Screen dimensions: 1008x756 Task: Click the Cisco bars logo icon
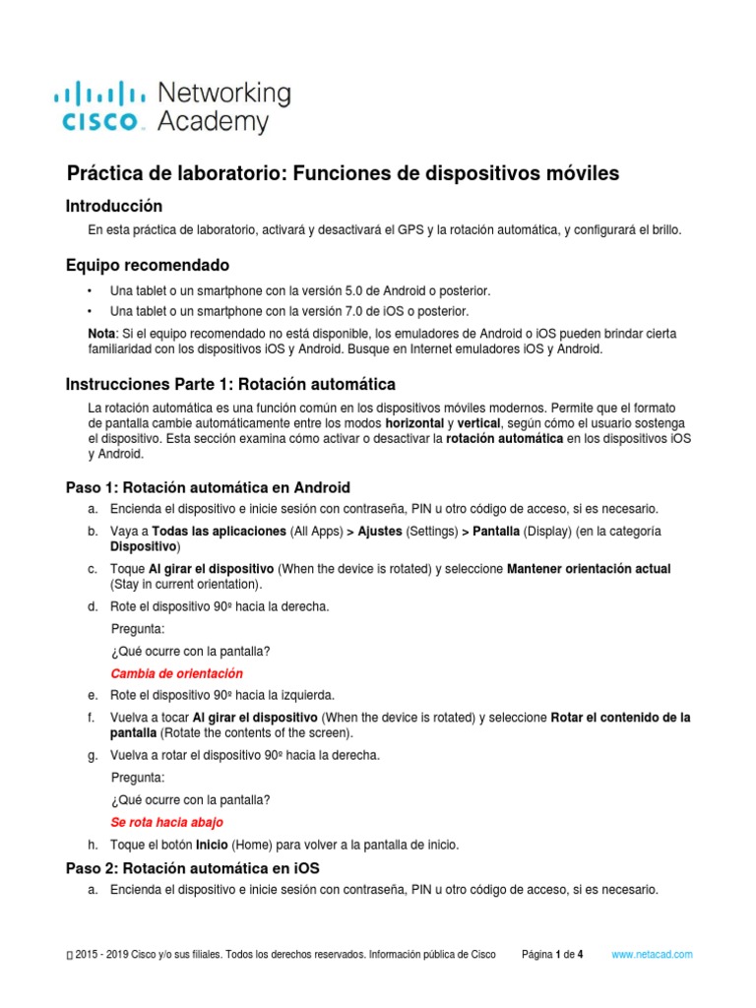pos(98,94)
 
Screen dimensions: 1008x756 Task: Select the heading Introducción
pos(113,206)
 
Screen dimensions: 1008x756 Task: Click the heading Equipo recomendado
pos(147,266)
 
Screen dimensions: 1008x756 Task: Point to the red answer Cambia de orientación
pos(176,674)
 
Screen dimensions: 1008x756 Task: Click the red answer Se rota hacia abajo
pos(166,822)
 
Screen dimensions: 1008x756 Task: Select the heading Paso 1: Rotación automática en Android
pos(208,487)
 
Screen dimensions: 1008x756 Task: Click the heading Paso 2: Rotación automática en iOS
pos(192,868)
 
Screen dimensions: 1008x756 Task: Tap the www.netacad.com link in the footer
pos(653,955)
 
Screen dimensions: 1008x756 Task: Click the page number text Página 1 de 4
pos(552,955)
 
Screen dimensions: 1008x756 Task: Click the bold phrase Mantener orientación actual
pos(589,569)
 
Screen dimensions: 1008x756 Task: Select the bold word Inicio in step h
pos(213,846)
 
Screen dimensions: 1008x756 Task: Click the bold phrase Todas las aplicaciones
pos(207,532)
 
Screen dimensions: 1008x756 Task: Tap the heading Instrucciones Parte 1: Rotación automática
pos(230,383)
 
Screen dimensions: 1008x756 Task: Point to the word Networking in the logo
pos(224,94)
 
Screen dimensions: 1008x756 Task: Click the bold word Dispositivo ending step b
pos(143,546)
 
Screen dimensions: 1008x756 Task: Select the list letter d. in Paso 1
pos(92,607)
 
